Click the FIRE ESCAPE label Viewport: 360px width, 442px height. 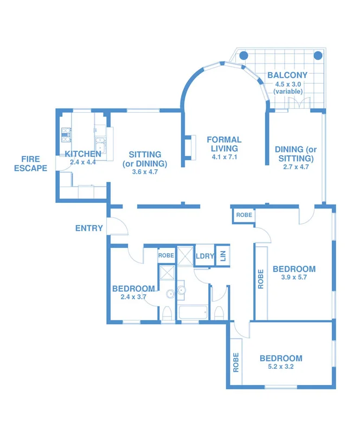tap(34, 163)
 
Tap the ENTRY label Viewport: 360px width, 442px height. tap(89, 228)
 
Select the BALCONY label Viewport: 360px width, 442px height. tap(287, 75)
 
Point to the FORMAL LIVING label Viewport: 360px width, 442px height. tap(224, 144)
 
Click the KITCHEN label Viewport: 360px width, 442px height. tap(83, 154)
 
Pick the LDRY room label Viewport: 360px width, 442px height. tap(204, 256)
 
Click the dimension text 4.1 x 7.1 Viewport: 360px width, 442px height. tap(224, 157)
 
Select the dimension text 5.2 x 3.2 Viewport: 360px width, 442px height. tap(280, 367)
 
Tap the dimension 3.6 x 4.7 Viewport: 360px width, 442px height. tap(144, 172)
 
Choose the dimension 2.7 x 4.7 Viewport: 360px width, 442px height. tap(295, 167)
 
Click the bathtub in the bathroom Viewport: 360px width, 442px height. tap(192, 312)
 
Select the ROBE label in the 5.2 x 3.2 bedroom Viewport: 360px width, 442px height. tap(236, 362)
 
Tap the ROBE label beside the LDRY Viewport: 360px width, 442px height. tap(166, 254)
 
